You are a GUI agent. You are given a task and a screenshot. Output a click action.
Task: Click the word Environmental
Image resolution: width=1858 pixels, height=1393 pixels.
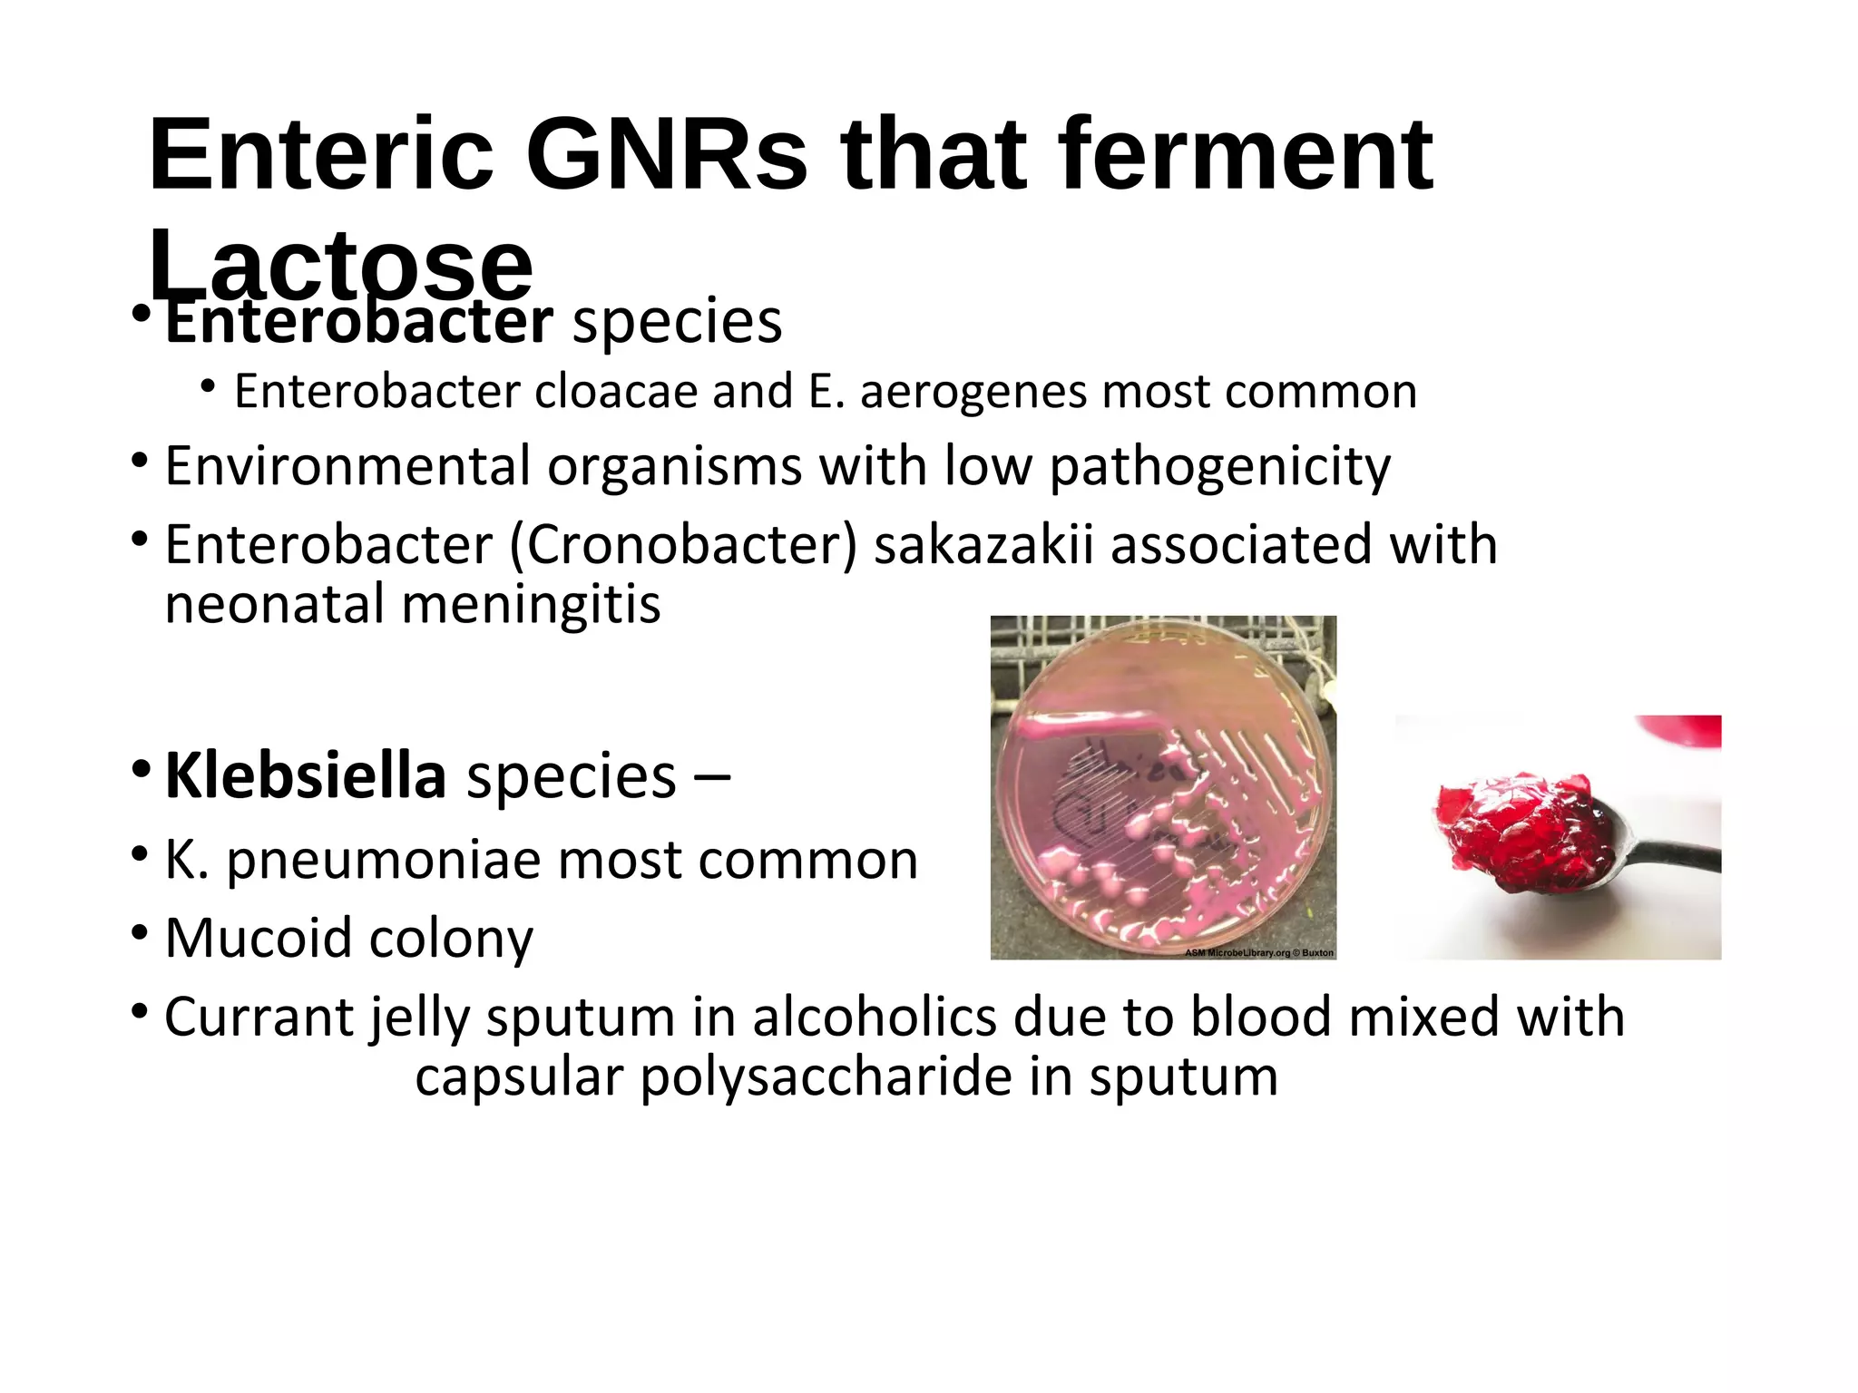pyautogui.click(x=347, y=466)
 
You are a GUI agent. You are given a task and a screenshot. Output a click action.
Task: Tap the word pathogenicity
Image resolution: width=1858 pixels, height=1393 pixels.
pyautogui.click(x=1219, y=468)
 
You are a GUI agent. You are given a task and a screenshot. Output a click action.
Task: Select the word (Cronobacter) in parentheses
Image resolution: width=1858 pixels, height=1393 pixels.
pyautogui.click(x=683, y=545)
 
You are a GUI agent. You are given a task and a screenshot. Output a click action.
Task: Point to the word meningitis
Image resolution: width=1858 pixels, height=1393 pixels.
pyautogui.click(x=531, y=605)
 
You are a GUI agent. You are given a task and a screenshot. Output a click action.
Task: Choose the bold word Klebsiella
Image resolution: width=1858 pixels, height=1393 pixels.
pyautogui.click(x=306, y=776)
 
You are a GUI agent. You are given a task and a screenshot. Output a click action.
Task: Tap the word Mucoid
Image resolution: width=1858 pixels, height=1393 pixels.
pyautogui.click(x=259, y=938)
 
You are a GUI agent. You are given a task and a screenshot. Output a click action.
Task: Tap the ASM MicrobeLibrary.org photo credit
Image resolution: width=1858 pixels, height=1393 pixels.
pyautogui.click(x=1258, y=953)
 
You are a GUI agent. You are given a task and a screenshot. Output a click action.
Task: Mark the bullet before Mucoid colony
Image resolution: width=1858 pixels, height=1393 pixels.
pyautogui.click(x=139, y=933)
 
